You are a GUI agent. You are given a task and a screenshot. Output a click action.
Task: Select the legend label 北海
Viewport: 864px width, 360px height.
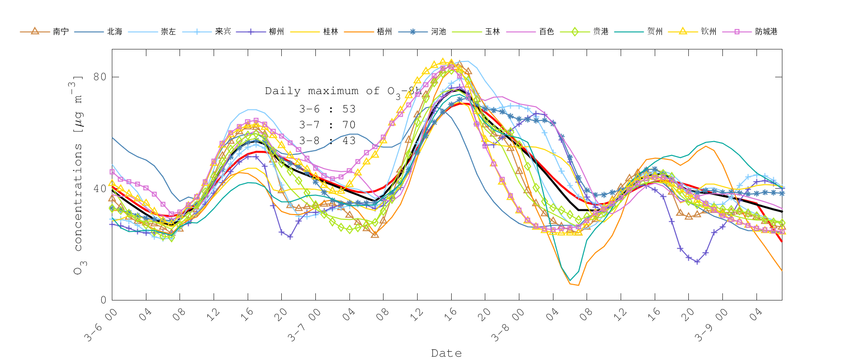pos(115,32)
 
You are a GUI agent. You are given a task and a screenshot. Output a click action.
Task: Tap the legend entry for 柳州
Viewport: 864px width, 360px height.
pos(276,32)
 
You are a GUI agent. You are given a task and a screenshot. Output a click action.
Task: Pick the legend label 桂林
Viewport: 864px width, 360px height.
pos(331,32)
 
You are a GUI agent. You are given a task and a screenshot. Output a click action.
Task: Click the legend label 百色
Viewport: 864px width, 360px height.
pos(546,32)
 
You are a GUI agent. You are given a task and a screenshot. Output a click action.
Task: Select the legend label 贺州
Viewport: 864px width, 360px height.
pos(655,32)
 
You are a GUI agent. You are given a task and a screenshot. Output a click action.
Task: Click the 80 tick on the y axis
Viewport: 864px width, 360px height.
pos(99,77)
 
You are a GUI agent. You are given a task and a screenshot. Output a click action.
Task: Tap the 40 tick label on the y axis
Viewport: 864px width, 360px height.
pos(99,188)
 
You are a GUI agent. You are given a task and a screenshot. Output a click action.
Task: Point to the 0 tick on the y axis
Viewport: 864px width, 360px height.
pos(103,300)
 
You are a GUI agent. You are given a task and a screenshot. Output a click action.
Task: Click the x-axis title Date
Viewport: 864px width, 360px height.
pos(446,353)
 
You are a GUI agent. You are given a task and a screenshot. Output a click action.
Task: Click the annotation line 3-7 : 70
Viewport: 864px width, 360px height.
pos(327,125)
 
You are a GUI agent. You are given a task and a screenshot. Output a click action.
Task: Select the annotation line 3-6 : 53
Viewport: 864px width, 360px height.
pos(327,109)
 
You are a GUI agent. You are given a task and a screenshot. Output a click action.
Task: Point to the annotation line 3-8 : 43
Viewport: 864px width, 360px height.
pos(327,141)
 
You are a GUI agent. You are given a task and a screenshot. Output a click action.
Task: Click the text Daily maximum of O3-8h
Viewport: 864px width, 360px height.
pos(343,91)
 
